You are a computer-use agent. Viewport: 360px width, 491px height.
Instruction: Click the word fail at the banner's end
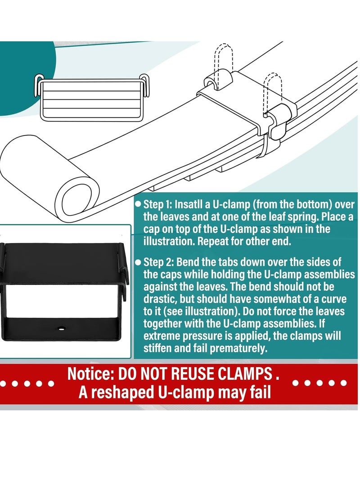point(260,392)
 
